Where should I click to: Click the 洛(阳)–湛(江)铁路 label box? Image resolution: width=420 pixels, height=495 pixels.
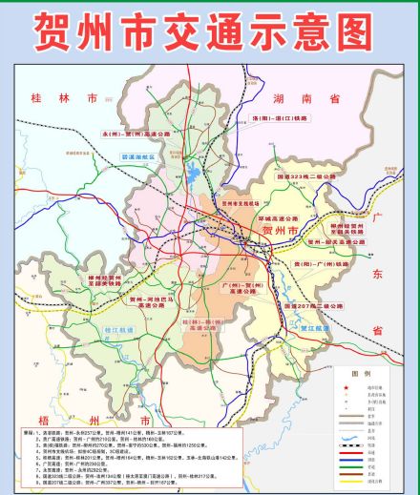[x=283, y=118]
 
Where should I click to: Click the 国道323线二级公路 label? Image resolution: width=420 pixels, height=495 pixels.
[x=307, y=176]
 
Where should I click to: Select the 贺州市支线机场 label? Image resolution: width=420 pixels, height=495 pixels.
[x=241, y=203]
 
